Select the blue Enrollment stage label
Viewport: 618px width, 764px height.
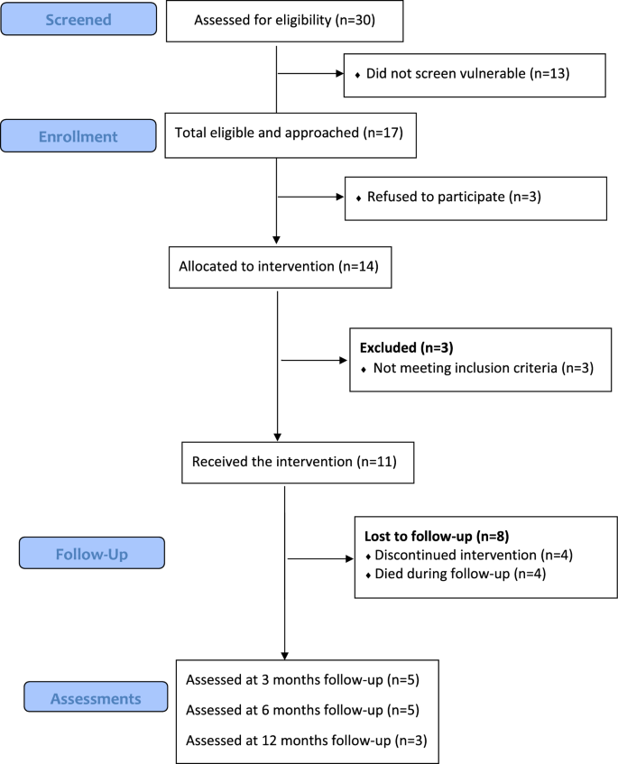coord(78,137)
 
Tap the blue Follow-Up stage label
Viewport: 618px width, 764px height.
coord(92,553)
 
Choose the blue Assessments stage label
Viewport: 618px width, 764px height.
coord(96,698)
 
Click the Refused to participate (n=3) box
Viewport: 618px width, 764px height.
coord(475,196)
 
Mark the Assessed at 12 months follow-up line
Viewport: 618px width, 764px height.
coord(306,741)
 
